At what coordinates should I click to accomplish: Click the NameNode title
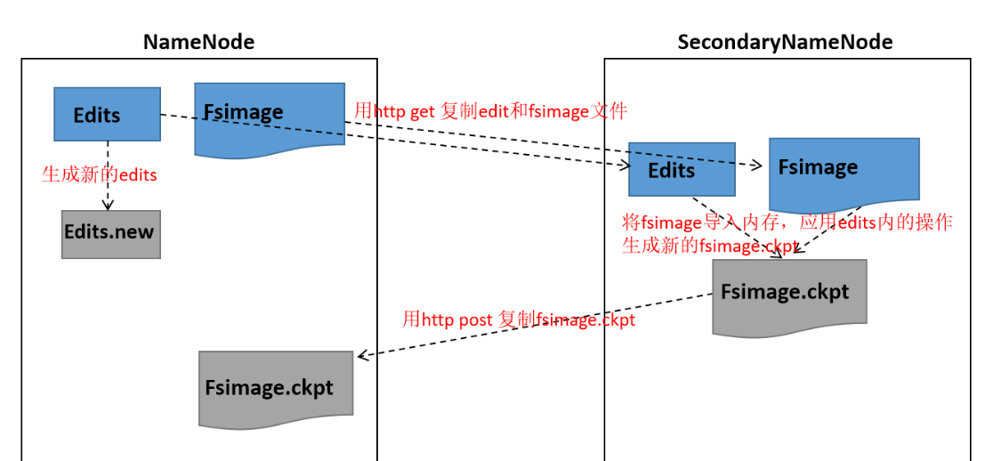[x=198, y=42]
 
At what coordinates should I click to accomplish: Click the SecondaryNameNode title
[x=785, y=42]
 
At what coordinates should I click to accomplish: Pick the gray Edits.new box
[x=110, y=233]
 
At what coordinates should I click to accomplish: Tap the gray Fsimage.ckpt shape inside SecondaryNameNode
[x=788, y=293]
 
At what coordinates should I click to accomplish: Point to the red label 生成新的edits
[x=100, y=174]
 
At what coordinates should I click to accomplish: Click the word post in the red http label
[x=475, y=319]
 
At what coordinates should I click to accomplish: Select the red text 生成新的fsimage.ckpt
[x=709, y=246]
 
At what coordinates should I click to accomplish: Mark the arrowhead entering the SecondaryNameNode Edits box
[x=625, y=165]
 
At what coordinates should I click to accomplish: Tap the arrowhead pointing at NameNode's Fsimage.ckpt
[x=362, y=356]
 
